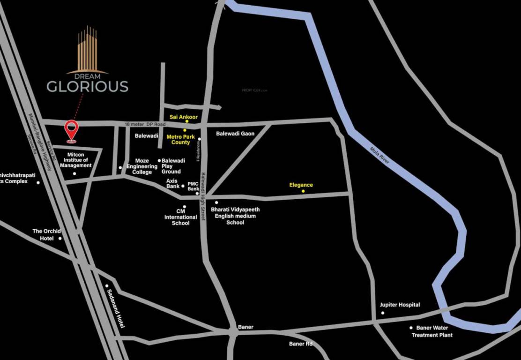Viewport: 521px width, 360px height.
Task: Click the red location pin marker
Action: click(71, 130)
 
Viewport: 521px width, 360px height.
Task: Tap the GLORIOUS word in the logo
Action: click(87, 86)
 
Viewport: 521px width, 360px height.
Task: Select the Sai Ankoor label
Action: click(184, 117)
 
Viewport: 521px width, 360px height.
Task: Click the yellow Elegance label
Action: click(301, 185)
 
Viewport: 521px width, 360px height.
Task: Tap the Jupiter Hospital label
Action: click(400, 305)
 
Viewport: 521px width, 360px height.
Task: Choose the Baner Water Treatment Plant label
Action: click(432, 331)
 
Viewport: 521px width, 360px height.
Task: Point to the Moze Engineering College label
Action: click(142, 166)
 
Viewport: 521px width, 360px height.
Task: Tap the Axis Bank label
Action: click(172, 183)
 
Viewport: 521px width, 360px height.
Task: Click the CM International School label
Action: click(180, 217)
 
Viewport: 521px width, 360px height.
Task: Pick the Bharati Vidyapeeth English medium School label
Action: click(235, 216)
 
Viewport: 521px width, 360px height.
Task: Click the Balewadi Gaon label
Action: click(235, 134)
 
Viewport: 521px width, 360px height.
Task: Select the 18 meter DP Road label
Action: click(145, 124)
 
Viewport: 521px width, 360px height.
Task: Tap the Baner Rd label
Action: click(300, 344)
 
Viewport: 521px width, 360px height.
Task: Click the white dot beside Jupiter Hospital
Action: click(383, 313)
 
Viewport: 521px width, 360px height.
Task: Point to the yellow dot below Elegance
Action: click(303, 191)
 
